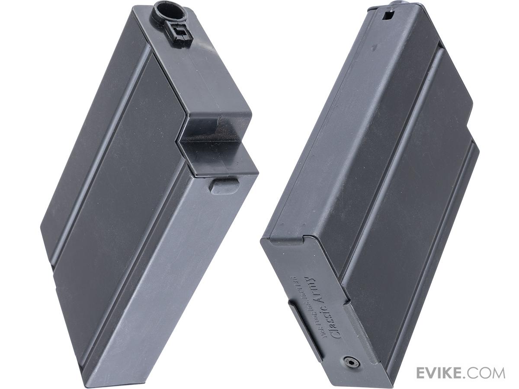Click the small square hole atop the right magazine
click(388, 16)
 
